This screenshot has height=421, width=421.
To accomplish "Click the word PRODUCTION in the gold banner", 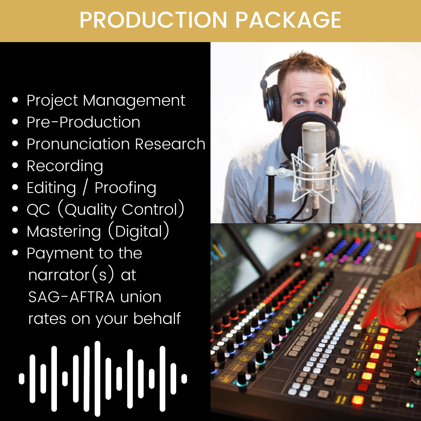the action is click(153, 20).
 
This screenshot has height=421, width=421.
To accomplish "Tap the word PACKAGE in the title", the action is click(288, 20).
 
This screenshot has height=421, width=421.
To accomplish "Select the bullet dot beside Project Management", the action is click(15, 100).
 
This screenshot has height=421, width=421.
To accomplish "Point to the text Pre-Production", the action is click(83, 122).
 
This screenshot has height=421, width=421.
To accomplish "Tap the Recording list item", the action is click(65, 166).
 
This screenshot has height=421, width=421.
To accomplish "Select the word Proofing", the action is click(126, 188).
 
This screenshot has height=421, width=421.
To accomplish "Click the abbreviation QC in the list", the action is click(38, 210).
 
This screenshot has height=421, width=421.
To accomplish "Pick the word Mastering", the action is click(64, 232).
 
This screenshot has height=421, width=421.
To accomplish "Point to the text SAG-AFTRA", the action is click(71, 297).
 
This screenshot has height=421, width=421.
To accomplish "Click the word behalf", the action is click(157, 318).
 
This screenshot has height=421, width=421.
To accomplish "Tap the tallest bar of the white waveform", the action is click(97, 379).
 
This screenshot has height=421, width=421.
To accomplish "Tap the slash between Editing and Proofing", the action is click(85, 188).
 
